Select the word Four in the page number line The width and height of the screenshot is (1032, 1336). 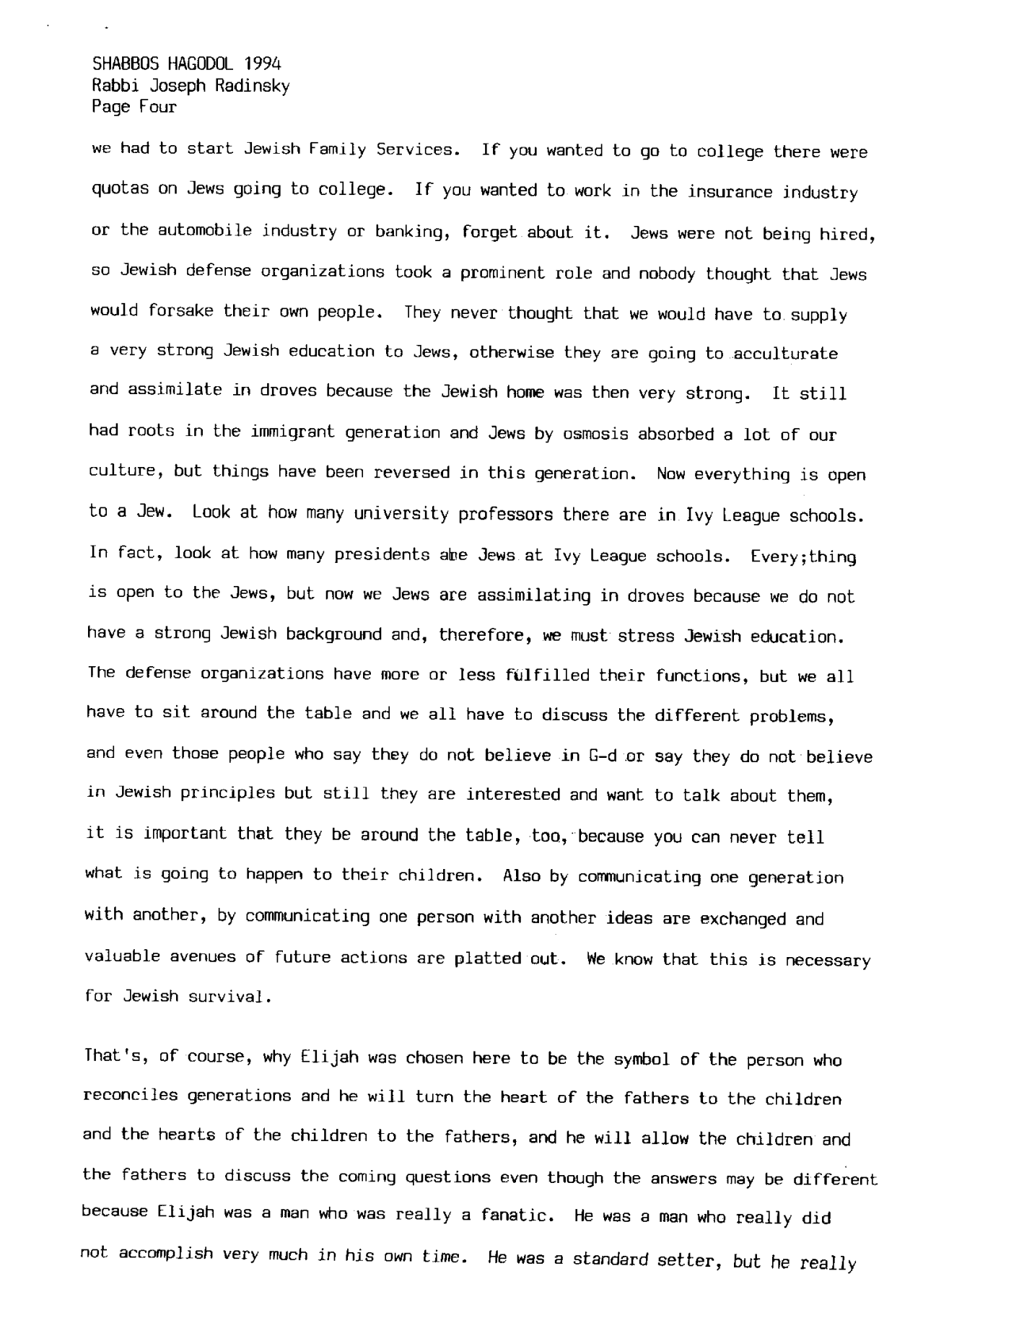158,108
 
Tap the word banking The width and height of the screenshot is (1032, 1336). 411,232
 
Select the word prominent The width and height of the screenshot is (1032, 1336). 507,274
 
